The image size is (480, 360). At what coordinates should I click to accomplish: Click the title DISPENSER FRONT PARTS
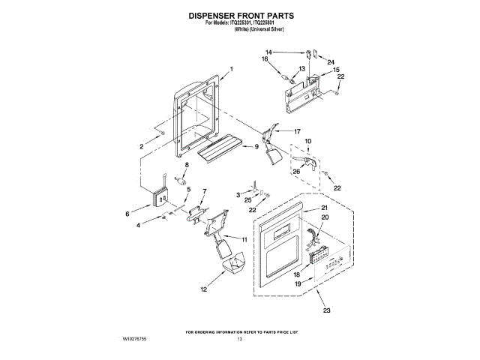[x=240, y=14]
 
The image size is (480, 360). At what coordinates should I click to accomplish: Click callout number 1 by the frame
[x=232, y=70]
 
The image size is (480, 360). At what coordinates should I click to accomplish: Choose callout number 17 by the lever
[x=297, y=131]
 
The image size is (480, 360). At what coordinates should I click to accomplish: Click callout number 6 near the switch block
[x=127, y=214]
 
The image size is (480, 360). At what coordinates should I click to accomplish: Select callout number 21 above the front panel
[x=325, y=207]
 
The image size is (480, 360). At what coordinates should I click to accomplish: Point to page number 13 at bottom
[x=240, y=340]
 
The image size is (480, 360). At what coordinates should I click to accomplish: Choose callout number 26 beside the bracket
[x=296, y=171]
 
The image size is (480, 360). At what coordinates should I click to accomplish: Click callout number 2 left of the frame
[x=140, y=146]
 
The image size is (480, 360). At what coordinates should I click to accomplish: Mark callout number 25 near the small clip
[x=247, y=202]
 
